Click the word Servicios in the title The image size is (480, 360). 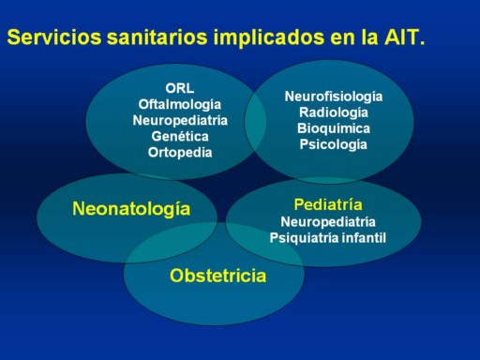point(54,37)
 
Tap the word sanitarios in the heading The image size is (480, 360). point(157,37)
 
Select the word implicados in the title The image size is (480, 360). point(268,38)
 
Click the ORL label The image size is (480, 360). point(180,88)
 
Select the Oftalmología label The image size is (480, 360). point(180,105)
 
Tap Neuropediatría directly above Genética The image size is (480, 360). point(180,121)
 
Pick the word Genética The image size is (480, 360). point(180,137)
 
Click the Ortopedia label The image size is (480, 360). point(180,153)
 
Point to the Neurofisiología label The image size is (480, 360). point(334,97)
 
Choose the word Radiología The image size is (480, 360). point(334,112)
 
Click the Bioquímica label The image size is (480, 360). point(334,128)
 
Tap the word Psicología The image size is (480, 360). point(334,145)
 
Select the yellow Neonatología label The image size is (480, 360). point(131,209)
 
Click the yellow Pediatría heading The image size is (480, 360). point(328,204)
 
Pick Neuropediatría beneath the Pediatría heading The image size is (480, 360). point(328,222)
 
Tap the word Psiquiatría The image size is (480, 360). point(304,238)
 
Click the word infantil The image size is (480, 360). point(364,237)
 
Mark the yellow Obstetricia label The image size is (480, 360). point(217,276)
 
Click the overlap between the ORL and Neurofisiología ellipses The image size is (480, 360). point(255,123)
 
